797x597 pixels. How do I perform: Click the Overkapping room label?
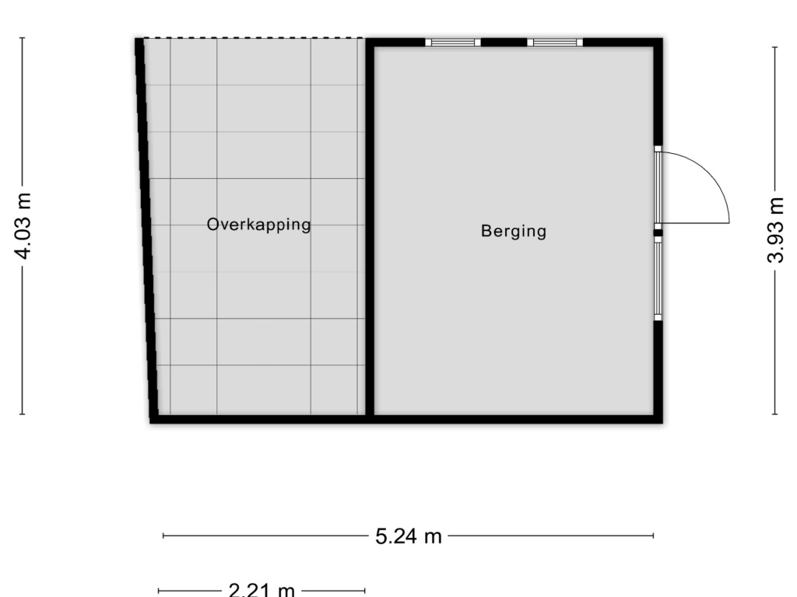[258, 225]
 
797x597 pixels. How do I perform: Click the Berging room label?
[514, 232]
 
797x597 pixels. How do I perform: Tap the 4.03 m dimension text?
[23, 225]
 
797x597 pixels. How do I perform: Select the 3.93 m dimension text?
[775, 230]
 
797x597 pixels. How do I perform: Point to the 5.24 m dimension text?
[409, 536]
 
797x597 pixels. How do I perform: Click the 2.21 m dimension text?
[262, 590]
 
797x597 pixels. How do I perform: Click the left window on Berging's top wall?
[453, 42]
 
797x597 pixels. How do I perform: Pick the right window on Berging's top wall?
[555, 42]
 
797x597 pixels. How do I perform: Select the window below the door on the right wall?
[658, 279]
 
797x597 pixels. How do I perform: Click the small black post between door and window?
[658, 233]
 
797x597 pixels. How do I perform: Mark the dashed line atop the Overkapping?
[253, 37]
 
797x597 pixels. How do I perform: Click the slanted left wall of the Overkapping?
[146, 230]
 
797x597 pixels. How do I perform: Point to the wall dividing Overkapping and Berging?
[370, 230]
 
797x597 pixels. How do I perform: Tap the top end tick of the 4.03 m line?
[22, 37]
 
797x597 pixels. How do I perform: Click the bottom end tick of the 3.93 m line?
[774, 414]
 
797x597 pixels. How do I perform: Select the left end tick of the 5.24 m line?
[163, 535]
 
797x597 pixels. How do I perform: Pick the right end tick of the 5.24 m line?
[653, 535]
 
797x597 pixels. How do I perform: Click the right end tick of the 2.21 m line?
[364, 591]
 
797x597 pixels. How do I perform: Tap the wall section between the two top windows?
[504, 42]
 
